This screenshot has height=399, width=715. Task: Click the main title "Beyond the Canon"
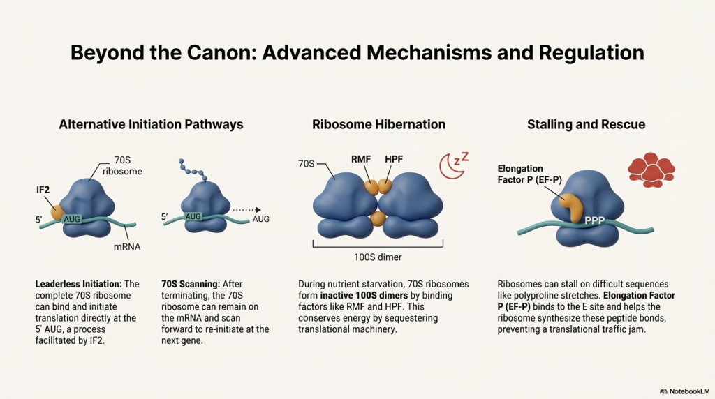[357, 53]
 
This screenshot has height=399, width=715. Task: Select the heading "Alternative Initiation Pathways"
[151, 125]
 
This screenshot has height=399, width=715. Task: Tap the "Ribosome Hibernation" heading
[378, 125]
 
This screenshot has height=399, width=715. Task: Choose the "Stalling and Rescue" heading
[587, 125]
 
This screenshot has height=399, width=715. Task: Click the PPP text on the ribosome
[595, 220]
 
